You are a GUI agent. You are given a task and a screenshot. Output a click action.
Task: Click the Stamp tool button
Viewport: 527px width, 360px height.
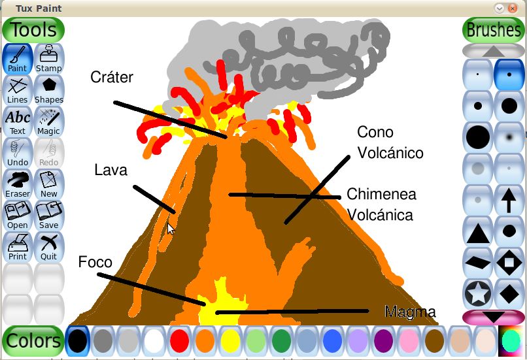49,58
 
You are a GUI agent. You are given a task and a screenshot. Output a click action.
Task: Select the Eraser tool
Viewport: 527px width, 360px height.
18,184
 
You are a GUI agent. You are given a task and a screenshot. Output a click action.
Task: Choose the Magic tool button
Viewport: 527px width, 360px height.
49,121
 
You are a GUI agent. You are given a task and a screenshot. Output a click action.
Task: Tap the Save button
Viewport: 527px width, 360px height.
49,215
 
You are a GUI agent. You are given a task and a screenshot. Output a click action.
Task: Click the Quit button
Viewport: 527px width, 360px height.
49,246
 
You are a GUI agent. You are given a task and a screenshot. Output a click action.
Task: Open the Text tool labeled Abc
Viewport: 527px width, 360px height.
18,121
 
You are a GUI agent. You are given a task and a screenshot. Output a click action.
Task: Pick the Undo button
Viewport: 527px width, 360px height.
18,152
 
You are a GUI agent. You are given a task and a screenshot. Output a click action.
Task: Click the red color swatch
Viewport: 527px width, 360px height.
179,340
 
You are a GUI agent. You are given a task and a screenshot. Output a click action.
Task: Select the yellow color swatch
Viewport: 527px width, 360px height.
230,340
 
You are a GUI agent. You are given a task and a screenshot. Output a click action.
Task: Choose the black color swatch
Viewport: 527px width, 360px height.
77,340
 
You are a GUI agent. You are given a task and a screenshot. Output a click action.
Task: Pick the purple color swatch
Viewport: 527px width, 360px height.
382,340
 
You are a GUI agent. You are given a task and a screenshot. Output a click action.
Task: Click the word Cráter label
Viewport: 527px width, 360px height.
112,78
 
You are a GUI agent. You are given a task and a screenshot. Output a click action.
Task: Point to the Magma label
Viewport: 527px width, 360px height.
410,312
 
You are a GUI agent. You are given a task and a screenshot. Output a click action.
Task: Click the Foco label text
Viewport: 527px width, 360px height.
95,263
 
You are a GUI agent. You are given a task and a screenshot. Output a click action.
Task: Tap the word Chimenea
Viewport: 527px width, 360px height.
381,194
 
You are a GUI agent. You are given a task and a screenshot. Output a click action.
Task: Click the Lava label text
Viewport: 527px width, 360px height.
110,171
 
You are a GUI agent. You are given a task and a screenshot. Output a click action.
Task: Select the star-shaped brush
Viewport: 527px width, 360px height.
478,293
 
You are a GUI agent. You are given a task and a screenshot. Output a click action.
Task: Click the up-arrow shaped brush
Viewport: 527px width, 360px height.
509,199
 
